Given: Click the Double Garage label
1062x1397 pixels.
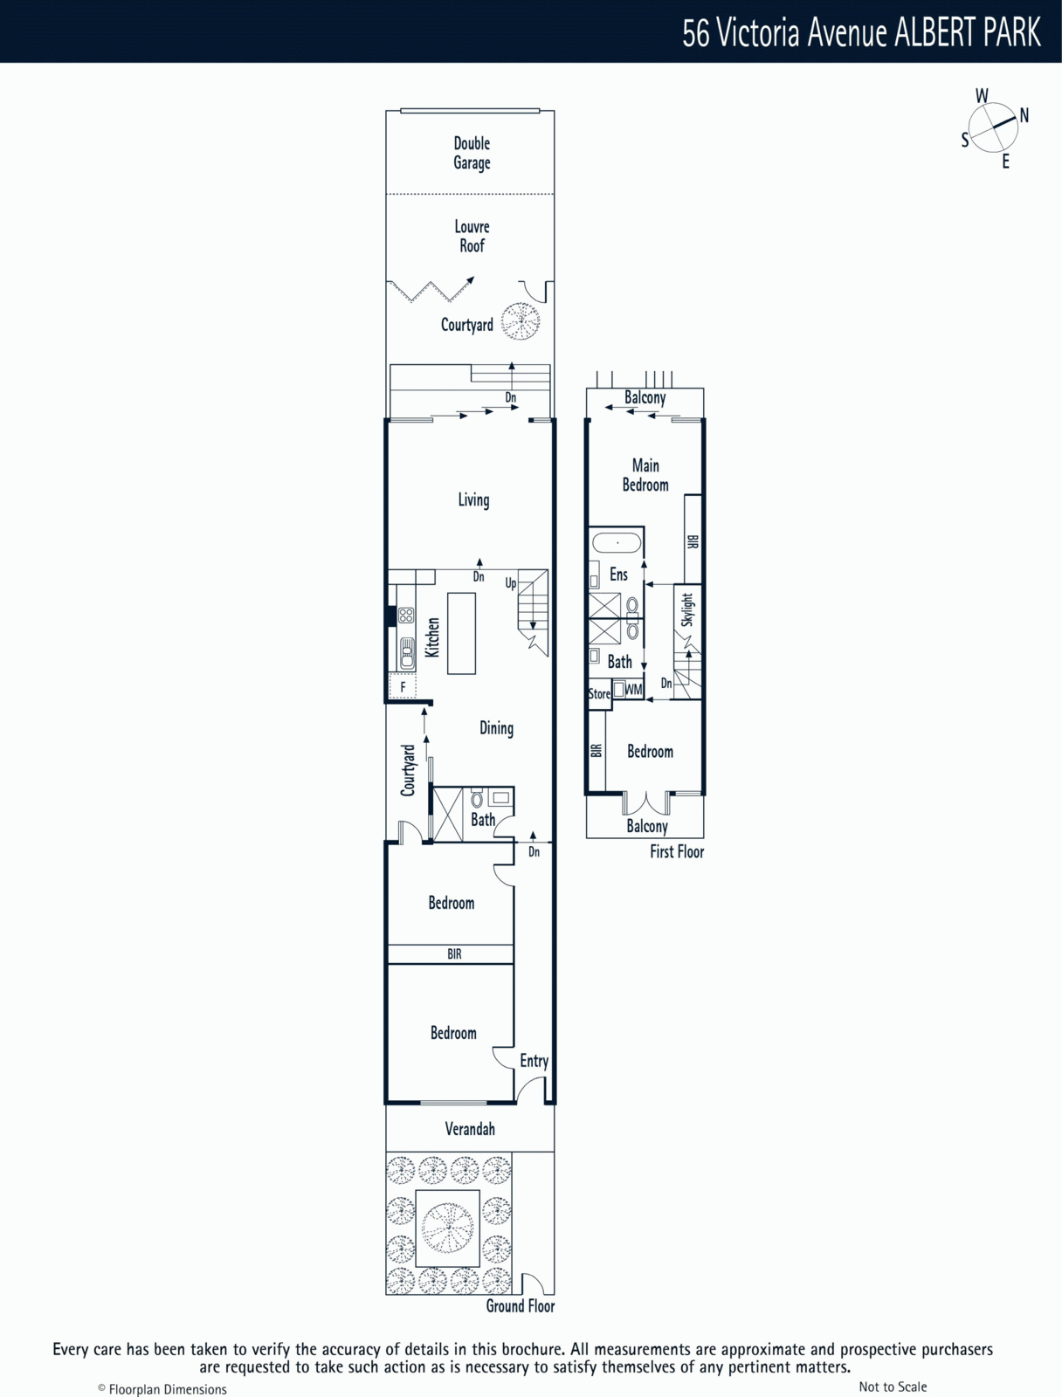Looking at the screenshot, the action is tap(472, 154).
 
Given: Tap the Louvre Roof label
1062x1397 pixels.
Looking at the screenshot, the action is tap(472, 236).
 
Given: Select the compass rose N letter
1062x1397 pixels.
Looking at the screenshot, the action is tap(1024, 115).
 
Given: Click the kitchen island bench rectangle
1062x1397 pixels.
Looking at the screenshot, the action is tap(461, 633).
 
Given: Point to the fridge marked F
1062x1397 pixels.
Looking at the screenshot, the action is tap(402, 687).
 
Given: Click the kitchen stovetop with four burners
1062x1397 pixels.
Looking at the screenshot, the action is tap(406, 615).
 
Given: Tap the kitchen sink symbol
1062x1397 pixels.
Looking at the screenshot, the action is tap(406, 653).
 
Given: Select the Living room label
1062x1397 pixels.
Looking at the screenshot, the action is tap(474, 499).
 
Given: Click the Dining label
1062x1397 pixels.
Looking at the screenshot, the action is tap(496, 728).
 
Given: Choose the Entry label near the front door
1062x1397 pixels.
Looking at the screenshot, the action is tap(534, 1061).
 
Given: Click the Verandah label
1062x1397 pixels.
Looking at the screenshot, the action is tap(470, 1129).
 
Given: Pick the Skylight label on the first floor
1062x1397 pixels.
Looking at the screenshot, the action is tap(687, 609).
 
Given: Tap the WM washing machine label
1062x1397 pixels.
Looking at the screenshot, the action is tap(634, 689).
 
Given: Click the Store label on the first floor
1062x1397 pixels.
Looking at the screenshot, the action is tap(599, 694).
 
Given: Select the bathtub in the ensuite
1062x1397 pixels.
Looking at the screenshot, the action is tap(617, 544).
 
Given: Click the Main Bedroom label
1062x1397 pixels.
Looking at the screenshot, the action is tap(645, 475).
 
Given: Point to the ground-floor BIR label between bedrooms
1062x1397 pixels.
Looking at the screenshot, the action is tap(454, 953).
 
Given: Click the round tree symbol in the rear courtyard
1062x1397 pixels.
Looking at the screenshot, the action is tap(520, 321).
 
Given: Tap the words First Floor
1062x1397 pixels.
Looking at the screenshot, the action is tap(677, 851).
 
